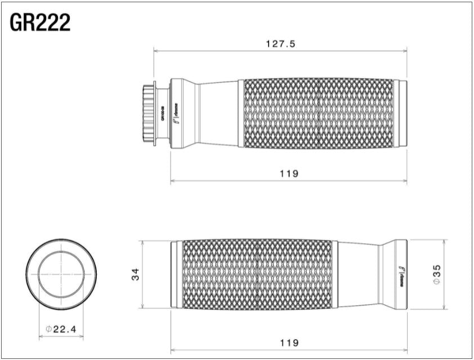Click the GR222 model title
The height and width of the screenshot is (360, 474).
tap(40, 22)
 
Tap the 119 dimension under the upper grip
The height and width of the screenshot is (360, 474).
tap(288, 174)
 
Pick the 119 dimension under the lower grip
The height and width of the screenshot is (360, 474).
tap(288, 342)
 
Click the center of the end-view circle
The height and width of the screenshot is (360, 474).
tap(61, 274)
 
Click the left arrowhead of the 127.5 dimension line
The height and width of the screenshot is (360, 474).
tap(157, 51)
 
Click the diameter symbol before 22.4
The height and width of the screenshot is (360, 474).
tap(48, 329)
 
